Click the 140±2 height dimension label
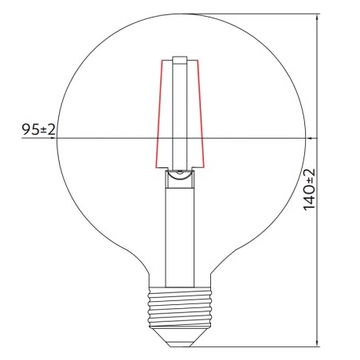[x=309, y=189]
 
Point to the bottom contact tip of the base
[x=181, y=342]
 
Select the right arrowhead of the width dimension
[x=305, y=139]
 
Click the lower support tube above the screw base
[x=181, y=239]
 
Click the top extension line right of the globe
[x=255, y=14]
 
